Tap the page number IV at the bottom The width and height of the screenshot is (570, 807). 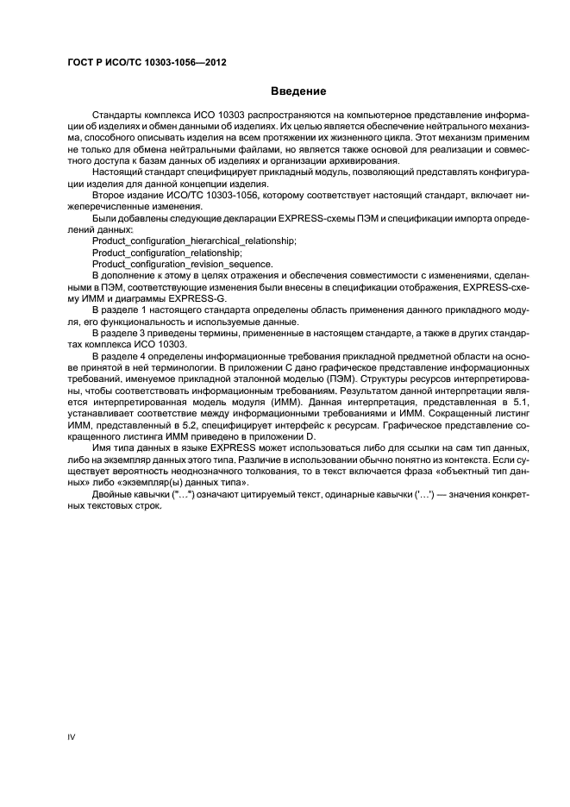(72, 737)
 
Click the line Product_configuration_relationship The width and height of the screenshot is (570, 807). (166, 253)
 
